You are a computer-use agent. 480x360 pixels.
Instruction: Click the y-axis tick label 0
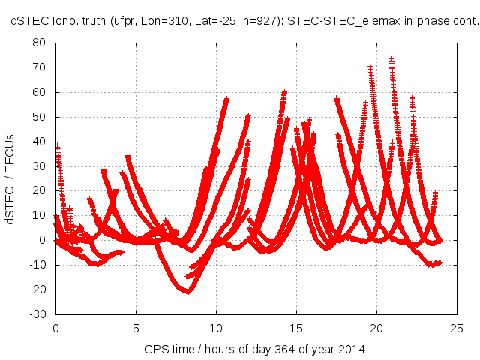[43, 240]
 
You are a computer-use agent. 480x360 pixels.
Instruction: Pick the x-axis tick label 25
[457, 328]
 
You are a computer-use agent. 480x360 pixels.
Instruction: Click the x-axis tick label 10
[216, 328]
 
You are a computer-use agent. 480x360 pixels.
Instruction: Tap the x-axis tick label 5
[136, 328]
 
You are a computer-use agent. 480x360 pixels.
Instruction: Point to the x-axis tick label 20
[377, 328]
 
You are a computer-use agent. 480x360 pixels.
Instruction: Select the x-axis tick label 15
[296, 328]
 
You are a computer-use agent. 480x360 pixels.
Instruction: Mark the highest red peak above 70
[391, 58]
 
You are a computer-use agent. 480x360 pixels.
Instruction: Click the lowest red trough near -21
[187, 291]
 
